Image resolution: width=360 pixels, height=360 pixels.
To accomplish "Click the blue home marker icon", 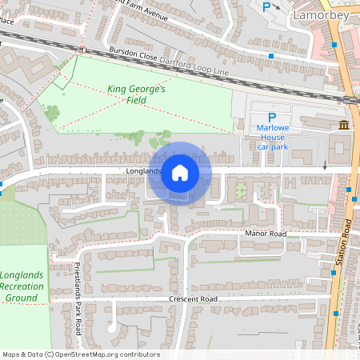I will [x=180, y=172].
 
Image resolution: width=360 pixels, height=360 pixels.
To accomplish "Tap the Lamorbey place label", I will [x=318, y=14].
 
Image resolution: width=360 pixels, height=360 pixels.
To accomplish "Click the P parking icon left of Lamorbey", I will [x=266, y=7].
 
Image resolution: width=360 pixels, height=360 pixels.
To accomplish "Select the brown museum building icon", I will [x=344, y=125].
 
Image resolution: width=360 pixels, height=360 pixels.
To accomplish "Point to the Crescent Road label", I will [x=193, y=299].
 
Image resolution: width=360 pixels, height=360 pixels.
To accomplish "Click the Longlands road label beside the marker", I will [x=143, y=170].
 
